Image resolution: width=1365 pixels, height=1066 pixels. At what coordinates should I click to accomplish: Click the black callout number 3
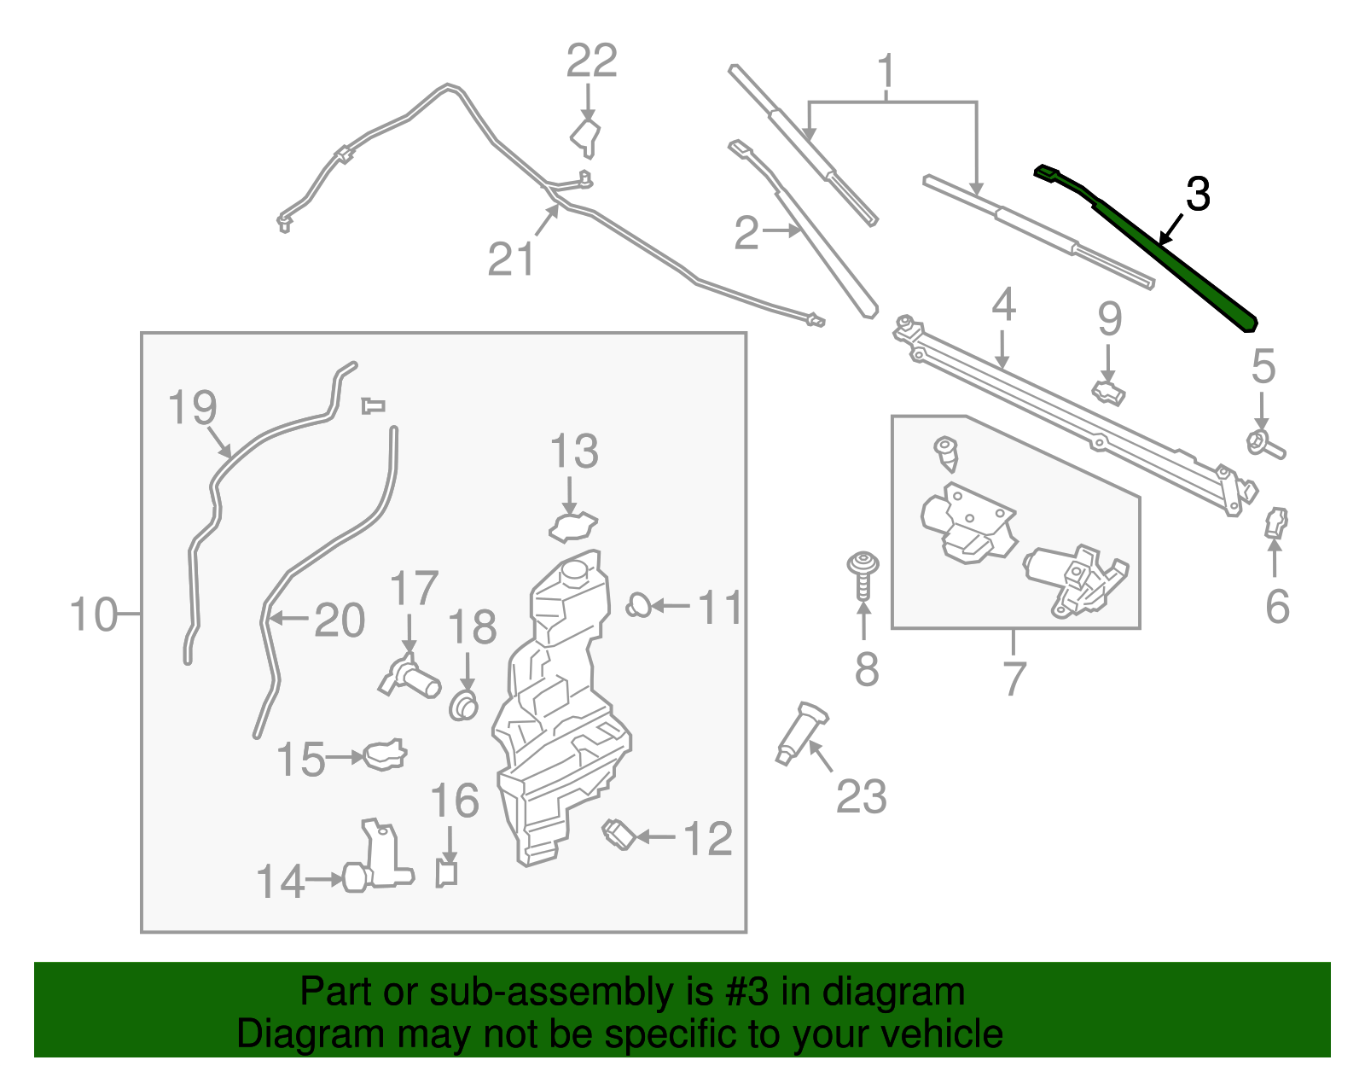1198,195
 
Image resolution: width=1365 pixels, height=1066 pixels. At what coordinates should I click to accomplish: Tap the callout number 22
592,61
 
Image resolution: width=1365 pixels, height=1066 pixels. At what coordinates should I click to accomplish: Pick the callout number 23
861,797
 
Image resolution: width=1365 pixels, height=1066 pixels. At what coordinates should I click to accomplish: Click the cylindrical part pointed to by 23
800,732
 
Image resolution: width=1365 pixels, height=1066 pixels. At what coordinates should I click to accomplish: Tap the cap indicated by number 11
638,606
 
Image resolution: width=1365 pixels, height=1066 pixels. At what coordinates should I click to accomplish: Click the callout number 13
573,451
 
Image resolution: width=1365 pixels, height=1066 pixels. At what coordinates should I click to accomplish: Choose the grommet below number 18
463,707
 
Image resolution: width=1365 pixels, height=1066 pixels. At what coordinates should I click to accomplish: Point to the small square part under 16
446,873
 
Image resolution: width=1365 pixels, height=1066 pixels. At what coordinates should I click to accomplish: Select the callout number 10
93,615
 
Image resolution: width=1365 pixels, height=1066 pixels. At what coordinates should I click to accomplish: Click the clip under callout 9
1108,393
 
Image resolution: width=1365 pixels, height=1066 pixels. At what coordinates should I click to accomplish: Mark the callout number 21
510,259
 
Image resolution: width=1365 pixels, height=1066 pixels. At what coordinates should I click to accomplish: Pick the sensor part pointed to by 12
618,834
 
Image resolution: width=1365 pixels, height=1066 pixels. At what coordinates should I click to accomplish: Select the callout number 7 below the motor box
1013,679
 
